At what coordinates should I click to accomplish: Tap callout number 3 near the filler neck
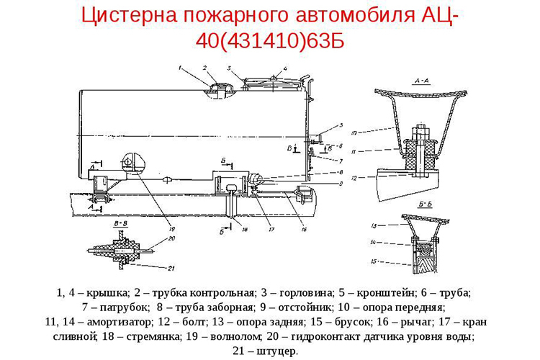click(x=228, y=68)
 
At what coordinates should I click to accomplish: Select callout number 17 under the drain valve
click(x=271, y=230)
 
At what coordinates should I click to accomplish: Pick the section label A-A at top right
click(x=422, y=82)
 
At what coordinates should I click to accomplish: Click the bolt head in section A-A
click(x=419, y=133)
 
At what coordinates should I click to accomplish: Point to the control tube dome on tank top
click(x=217, y=88)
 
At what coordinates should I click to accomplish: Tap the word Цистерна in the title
click(x=130, y=15)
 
